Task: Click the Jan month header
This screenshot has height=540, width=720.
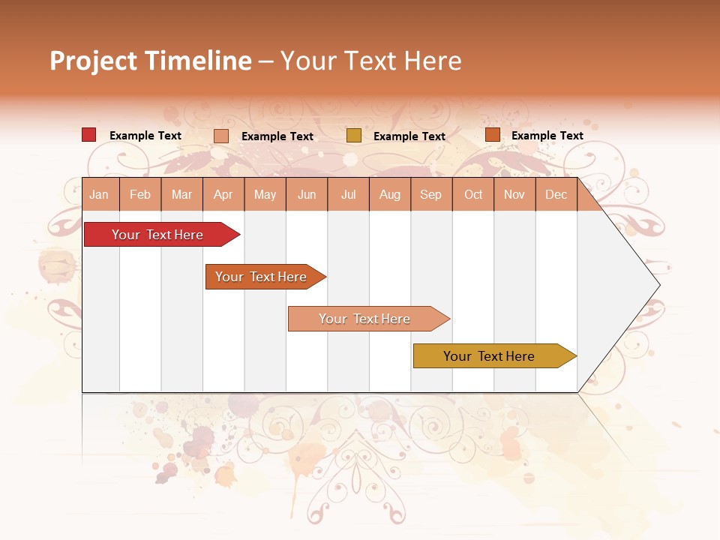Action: [x=100, y=194]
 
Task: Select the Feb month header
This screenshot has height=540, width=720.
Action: [x=140, y=194]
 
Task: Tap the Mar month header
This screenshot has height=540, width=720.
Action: [x=181, y=194]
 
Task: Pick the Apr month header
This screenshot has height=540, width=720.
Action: [x=223, y=194]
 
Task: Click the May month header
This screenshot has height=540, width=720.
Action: [x=265, y=194]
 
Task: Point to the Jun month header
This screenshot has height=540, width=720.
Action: [x=307, y=194]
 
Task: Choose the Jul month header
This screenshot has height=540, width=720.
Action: [x=348, y=194]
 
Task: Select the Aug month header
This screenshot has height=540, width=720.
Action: [x=390, y=194]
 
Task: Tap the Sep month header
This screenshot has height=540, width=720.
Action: [x=431, y=194]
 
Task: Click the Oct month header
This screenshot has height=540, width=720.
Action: [x=473, y=194]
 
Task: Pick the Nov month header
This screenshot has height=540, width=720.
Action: [x=514, y=194]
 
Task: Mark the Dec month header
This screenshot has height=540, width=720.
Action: [x=556, y=194]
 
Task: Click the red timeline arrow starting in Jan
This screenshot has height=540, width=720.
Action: [x=158, y=235]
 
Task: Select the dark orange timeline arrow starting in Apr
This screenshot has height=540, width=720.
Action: [x=262, y=277]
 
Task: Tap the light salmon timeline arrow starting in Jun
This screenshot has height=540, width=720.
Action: [x=365, y=319]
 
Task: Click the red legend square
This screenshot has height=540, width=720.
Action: [x=89, y=135]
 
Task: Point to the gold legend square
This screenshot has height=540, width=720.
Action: [x=354, y=136]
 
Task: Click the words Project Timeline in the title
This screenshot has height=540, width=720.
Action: [x=151, y=61]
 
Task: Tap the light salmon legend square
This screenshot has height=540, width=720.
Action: [x=221, y=136]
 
